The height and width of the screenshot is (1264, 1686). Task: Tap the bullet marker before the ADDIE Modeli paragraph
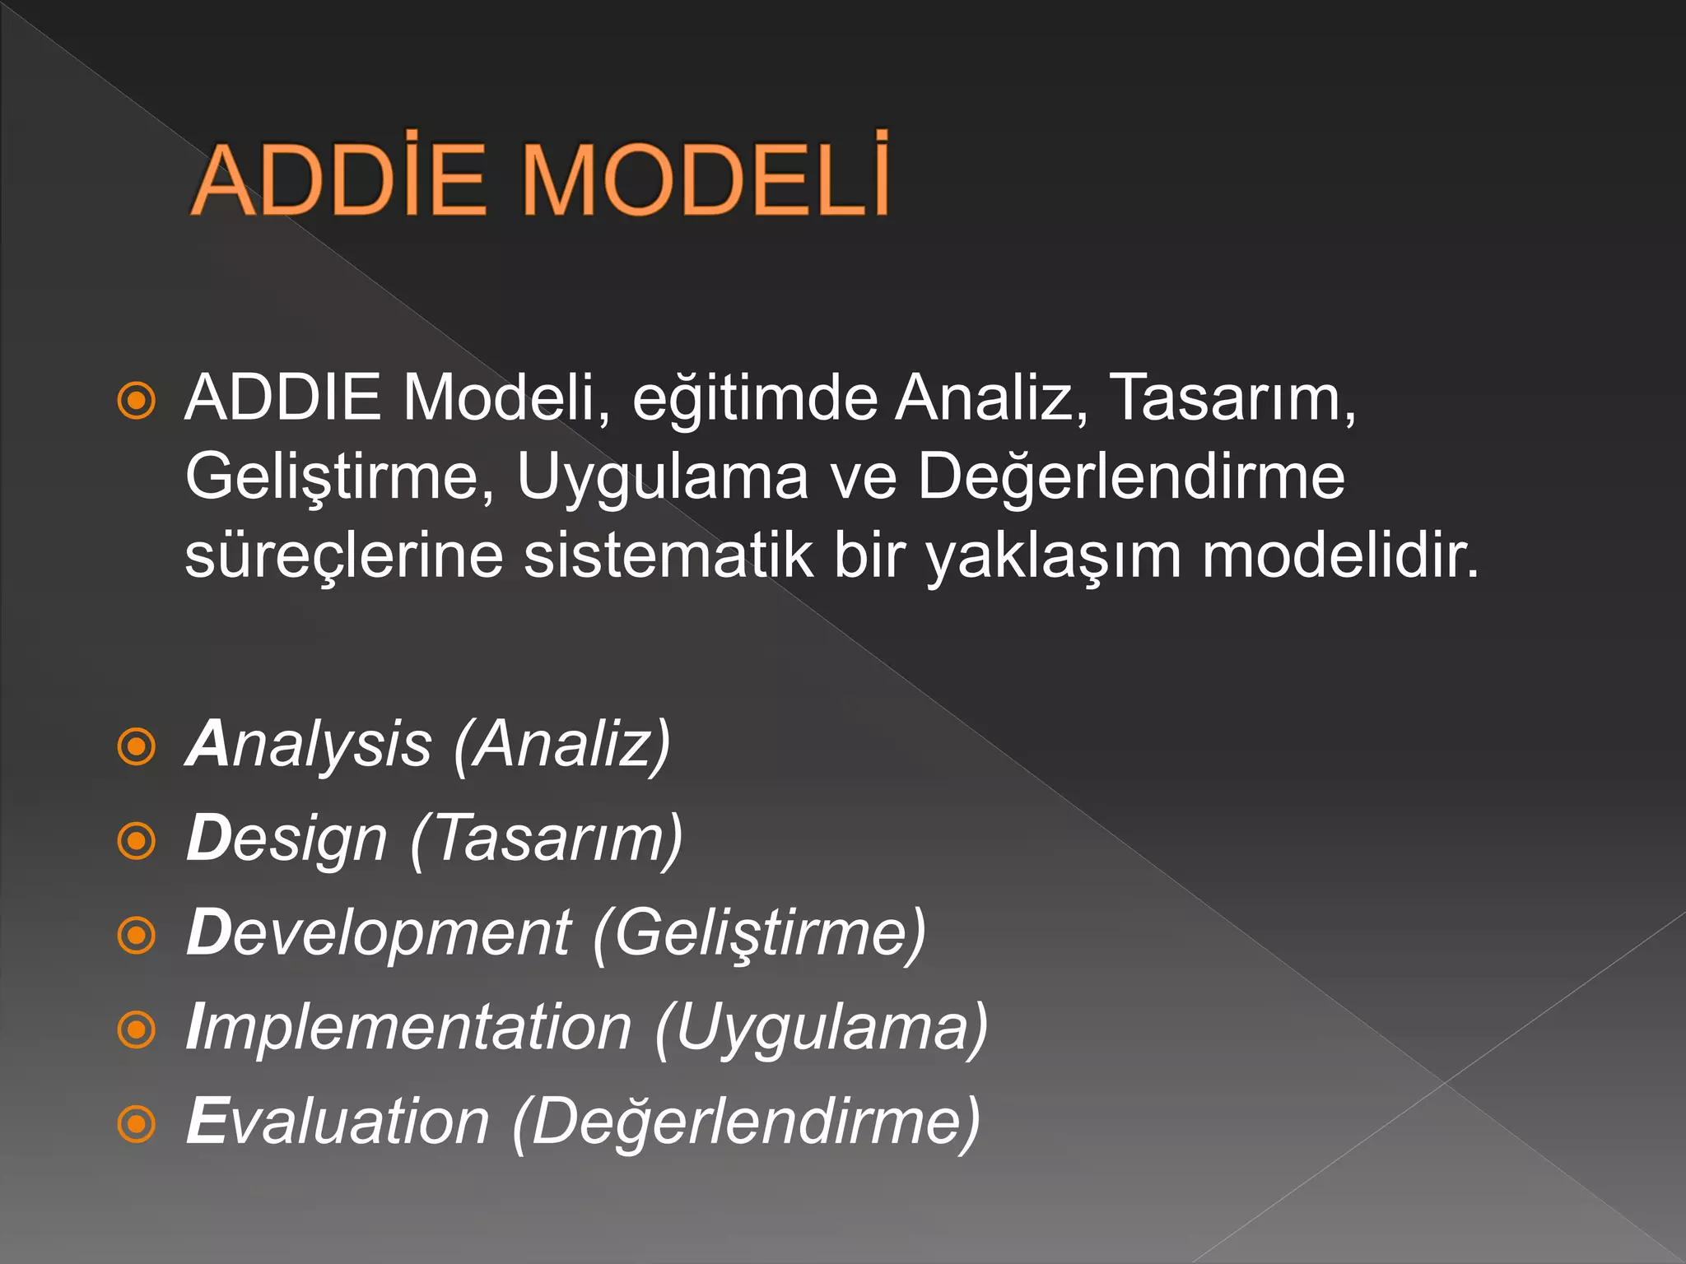pos(137,401)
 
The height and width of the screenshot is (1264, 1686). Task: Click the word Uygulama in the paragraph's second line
pos(662,477)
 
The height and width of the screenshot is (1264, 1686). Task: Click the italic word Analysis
pos(309,745)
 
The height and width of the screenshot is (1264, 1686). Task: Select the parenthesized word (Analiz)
pos(562,745)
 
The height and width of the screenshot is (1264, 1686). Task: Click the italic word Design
pos(286,839)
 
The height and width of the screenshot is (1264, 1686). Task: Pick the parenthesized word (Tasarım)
pos(547,839)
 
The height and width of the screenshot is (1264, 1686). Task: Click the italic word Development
pos(379,933)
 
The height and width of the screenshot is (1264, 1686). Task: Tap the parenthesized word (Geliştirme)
pos(759,933)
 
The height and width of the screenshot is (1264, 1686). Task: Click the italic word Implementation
pos(408,1028)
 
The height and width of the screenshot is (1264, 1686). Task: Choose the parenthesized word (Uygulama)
pos(822,1028)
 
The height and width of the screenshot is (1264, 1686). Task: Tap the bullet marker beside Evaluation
pos(137,1123)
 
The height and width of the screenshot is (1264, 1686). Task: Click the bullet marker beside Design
pos(137,841)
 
